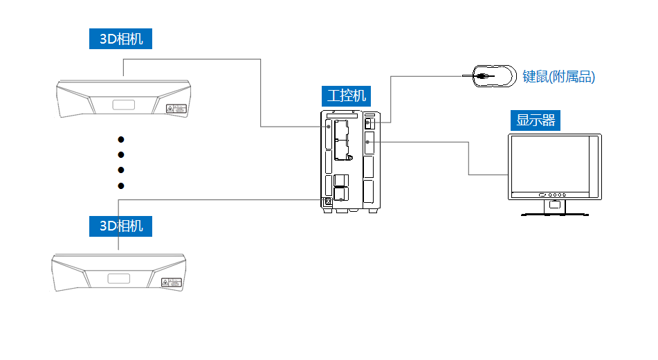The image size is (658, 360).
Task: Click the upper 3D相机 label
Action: pyautogui.click(x=120, y=39)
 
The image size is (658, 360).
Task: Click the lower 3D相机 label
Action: pyautogui.click(x=120, y=226)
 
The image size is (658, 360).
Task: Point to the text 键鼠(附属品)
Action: pyautogui.click(x=558, y=77)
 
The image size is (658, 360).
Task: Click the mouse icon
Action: pyautogui.click(x=494, y=76)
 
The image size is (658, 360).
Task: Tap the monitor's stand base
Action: pyautogui.click(x=555, y=213)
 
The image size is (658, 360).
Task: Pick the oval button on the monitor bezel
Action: pyautogui.click(x=542, y=195)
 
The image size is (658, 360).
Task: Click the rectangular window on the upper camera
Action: pyautogui.click(x=124, y=105)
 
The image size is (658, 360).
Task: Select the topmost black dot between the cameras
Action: pyautogui.click(x=121, y=138)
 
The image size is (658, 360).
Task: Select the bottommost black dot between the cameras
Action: pyautogui.click(x=121, y=186)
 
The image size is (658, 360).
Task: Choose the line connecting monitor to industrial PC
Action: pyautogui.click(x=469, y=156)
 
